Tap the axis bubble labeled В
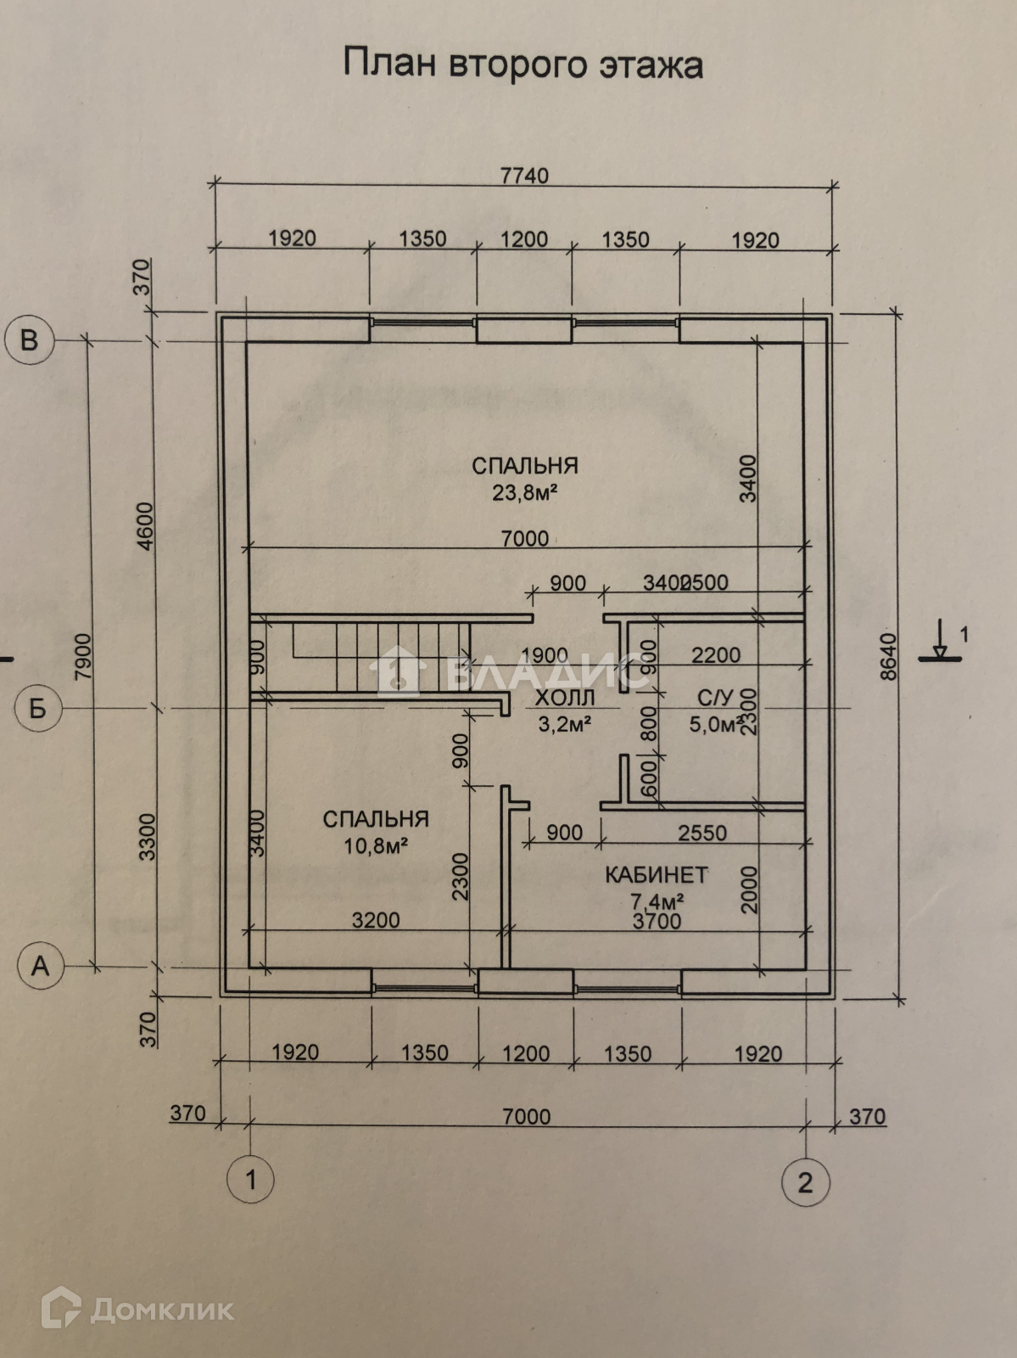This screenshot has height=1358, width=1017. tap(30, 340)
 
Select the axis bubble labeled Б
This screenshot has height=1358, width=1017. tap(38, 708)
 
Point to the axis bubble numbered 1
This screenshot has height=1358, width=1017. tap(250, 1180)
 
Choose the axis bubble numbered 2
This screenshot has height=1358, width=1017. tap(805, 1181)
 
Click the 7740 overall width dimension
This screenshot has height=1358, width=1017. tap(524, 176)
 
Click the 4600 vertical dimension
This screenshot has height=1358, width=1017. tap(145, 526)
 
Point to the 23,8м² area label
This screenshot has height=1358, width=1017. tap(524, 492)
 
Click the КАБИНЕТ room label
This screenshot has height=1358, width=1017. tap(657, 874)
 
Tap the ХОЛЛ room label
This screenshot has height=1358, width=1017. tap(565, 699)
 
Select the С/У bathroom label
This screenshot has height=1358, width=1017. tap(714, 699)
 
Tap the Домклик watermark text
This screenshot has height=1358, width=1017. tap(161, 1310)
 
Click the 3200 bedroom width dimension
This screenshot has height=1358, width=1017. tap(376, 920)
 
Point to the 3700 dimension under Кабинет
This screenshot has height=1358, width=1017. tap(657, 921)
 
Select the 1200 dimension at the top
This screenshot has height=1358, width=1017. tap(524, 239)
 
